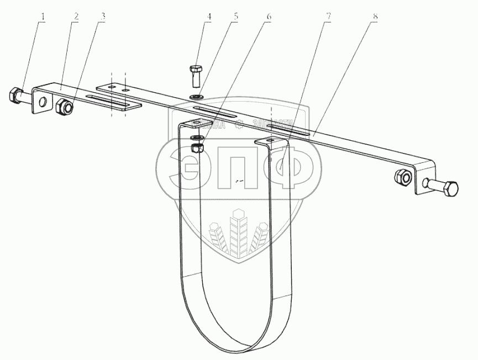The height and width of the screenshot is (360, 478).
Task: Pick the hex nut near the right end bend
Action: (x=402, y=177)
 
